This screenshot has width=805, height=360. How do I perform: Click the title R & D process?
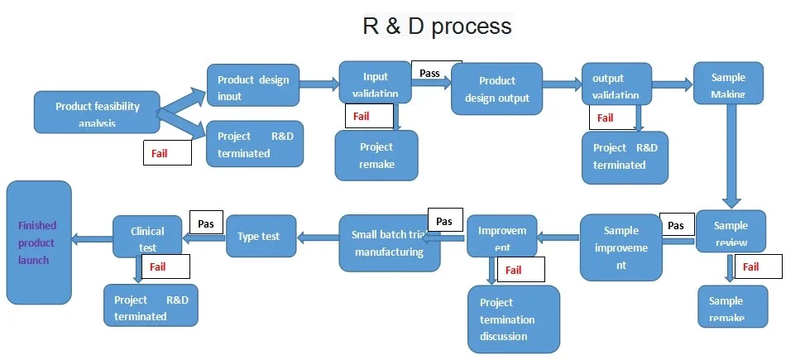437,26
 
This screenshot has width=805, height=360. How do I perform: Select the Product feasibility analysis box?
97,113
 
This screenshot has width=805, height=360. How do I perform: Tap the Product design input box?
252,86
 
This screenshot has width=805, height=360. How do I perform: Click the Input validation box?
375,83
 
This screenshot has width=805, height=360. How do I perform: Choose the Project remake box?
376,155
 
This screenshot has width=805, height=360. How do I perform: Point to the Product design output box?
496,89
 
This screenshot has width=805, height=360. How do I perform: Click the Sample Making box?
727,83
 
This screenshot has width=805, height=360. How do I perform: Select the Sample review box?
731,231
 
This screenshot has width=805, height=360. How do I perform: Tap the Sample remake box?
732,305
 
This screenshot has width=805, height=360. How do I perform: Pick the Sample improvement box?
621,247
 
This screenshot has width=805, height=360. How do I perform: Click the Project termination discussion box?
513,319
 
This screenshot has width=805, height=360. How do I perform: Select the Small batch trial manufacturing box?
389,243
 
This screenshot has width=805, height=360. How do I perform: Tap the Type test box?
259,237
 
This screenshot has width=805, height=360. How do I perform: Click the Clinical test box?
147,236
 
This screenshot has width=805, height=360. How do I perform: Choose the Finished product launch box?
39,242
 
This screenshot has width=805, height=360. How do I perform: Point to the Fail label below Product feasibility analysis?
167,153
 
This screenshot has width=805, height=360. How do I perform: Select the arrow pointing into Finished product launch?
92,238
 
